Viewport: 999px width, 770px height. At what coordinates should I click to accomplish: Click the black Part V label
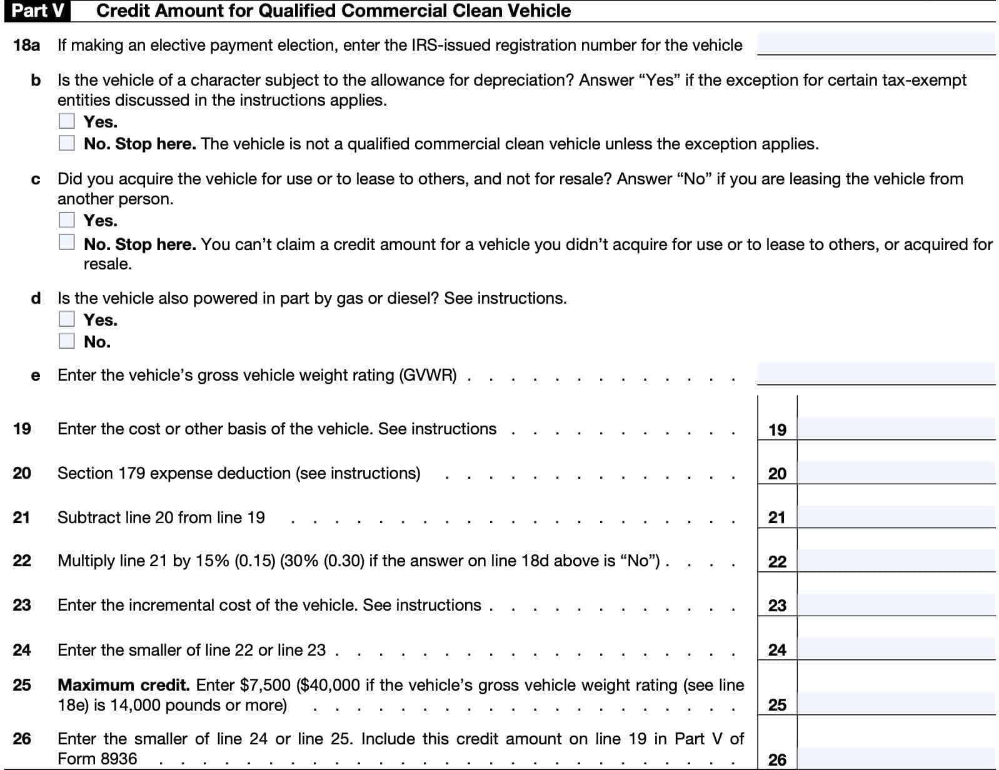tap(37, 11)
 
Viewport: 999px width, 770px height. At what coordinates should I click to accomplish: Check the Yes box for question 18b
tap(67, 121)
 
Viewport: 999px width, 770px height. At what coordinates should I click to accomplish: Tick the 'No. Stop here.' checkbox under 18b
tap(67, 143)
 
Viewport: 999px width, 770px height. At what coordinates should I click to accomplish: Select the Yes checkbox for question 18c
tap(67, 220)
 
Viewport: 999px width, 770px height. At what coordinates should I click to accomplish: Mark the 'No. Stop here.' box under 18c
tap(67, 242)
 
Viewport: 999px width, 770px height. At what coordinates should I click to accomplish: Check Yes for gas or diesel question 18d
tap(67, 319)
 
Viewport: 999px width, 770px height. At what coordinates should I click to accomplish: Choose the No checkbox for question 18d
tap(67, 341)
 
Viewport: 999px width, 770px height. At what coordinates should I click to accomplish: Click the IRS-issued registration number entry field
tap(875, 44)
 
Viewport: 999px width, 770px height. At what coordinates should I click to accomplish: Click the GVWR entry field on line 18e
tap(875, 373)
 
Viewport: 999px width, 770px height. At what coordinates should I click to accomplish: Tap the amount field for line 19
tap(896, 429)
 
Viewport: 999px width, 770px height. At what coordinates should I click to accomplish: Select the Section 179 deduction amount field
tap(896, 472)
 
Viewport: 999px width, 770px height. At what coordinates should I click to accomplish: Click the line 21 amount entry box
tap(896, 517)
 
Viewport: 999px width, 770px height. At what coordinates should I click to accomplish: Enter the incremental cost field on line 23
tap(896, 604)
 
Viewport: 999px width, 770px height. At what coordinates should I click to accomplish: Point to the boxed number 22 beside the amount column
tap(777, 561)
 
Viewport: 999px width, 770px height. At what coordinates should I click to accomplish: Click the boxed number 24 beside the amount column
tap(777, 650)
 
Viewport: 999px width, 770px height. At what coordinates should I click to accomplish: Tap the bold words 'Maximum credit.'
tap(123, 685)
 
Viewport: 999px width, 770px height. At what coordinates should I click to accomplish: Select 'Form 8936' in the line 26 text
tap(97, 759)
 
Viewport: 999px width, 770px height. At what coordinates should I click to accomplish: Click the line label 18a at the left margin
tap(26, 45)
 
